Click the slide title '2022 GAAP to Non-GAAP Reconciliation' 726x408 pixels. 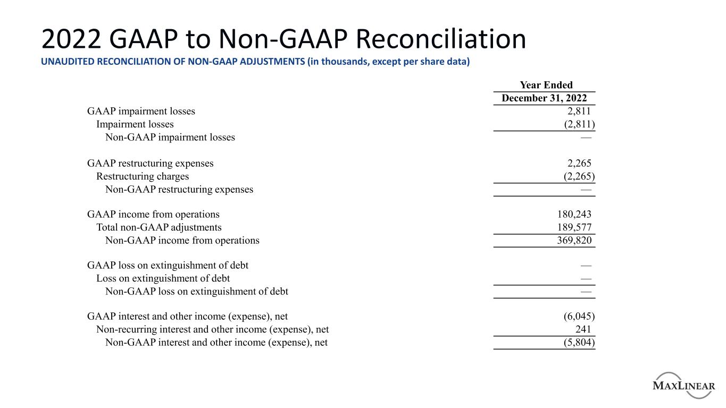pos(283,40)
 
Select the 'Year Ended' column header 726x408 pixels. pos(546,85)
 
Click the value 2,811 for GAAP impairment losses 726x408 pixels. pos(579,111)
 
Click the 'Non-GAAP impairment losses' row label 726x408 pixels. pos(170,137)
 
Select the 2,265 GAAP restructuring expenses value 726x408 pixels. pos(579,163)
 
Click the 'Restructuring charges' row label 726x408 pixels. pos(142,176)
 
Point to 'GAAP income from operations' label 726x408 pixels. pos(153,215)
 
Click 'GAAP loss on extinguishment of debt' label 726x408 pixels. pos(167,265)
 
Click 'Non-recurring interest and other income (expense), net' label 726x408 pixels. pos(216,329)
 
